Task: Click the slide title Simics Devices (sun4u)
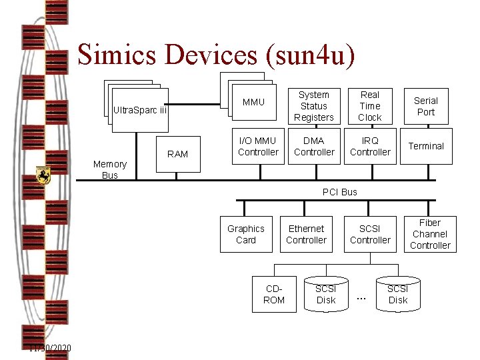tap(216, 55)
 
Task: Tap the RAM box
tap(177, 154)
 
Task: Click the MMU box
tap(253, 102)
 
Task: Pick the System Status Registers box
tap(313, 106)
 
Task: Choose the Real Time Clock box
tap(369, 106)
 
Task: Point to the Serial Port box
tap(425, 106)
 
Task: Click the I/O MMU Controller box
tap(258, 146)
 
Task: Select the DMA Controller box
tap(314, 146)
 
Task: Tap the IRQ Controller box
tap(370, 146)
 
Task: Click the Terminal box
tap(426, 146)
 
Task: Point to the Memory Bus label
tap(110, 169)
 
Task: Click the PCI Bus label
tap(340, 192)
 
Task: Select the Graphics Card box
tap(246, 234)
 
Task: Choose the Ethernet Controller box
tap(306, 234)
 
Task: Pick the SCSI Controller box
tap(370, 234)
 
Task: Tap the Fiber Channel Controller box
tap(430, 234)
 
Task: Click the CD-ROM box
tap(274, 294)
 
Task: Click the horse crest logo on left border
tap(43, 175)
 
